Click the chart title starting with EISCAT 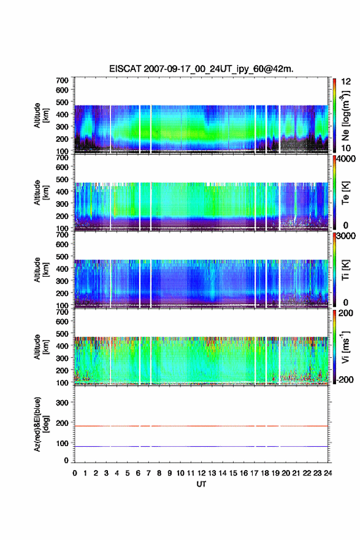coord(201,69)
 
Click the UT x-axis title coord(201,484)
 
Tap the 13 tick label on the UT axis coord(212,473)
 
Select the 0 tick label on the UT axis coord(75,473)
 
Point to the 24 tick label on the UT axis coord(327,473)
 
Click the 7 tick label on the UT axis coord(148,473)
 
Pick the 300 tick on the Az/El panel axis coord(63,403)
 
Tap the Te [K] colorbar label coord(345,193)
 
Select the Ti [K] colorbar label coord(345,269)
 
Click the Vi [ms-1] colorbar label coord(345,347)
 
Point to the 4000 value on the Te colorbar coord(345,159)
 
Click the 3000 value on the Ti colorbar coord(345,236)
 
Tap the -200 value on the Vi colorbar coord(345,379)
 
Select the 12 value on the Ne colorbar coord(346,82)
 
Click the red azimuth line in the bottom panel coord(201,426)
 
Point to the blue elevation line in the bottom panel coord(201,446)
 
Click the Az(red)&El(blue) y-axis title coord(41,424)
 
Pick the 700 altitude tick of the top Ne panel coord(63,80)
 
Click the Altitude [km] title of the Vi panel coord(41,347)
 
